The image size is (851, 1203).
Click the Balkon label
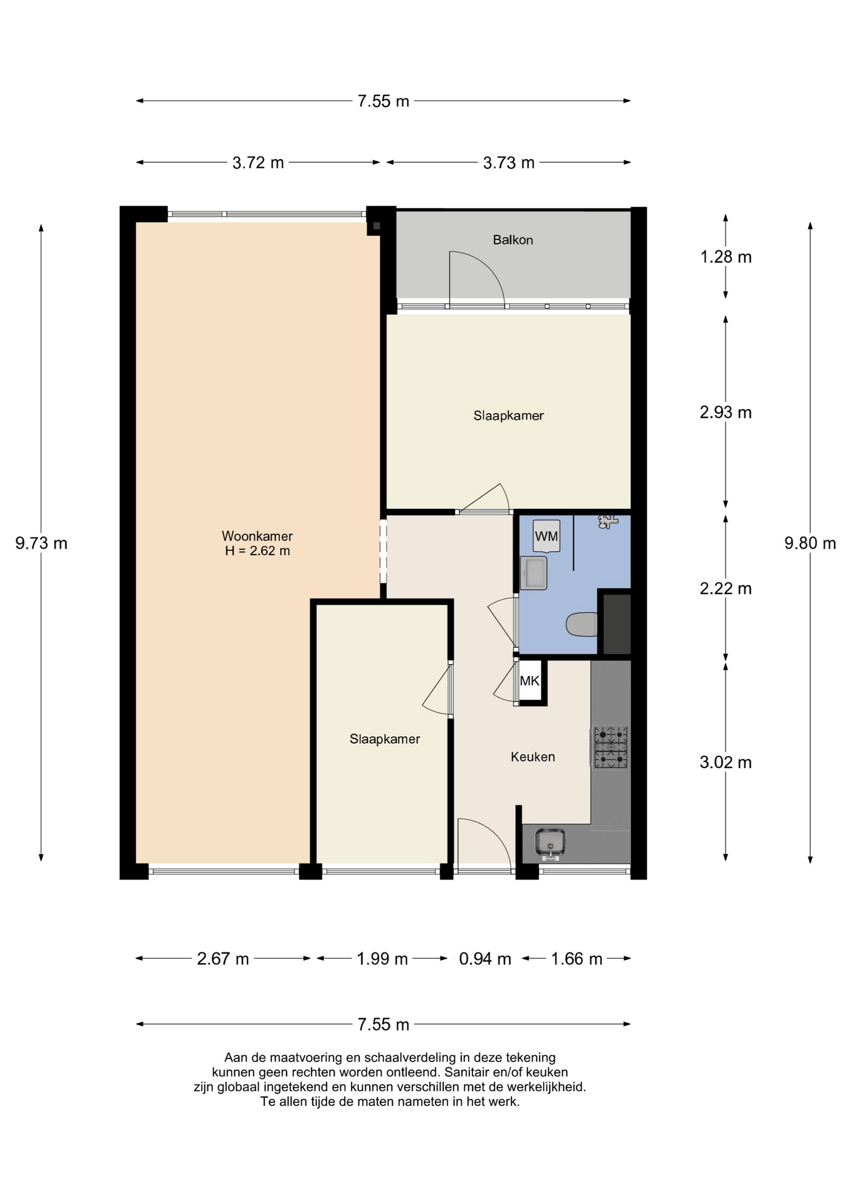click(x=513, y=240)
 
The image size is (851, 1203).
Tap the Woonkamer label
click(x=257, y=536)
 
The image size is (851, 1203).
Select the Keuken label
click(x=533, y=757)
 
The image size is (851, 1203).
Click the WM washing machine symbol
click(x=546, y=536)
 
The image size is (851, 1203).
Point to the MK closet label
click(x=530, y=681)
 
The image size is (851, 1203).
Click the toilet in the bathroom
click(x=582, y=624)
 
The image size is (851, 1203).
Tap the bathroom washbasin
click(x=533, y=573)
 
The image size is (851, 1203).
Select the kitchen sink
click(x=550, y=843)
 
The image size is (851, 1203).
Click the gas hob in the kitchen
click(x=610, y=747)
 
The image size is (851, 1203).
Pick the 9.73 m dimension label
click(x=41, y=543)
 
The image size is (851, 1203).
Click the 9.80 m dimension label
click(x=810, y=543)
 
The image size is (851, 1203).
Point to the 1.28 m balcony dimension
click(x=726, y=257)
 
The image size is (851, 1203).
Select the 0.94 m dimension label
click(x=485, y=959)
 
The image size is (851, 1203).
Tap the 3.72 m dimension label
click(x=258, y=163)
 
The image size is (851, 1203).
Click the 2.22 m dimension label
click(x=726, y=588)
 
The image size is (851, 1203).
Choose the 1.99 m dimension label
click(x=382, y=959)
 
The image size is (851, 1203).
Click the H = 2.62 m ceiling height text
click(x=258, y=551)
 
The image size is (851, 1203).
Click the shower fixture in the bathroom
click(x=608, y=521)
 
